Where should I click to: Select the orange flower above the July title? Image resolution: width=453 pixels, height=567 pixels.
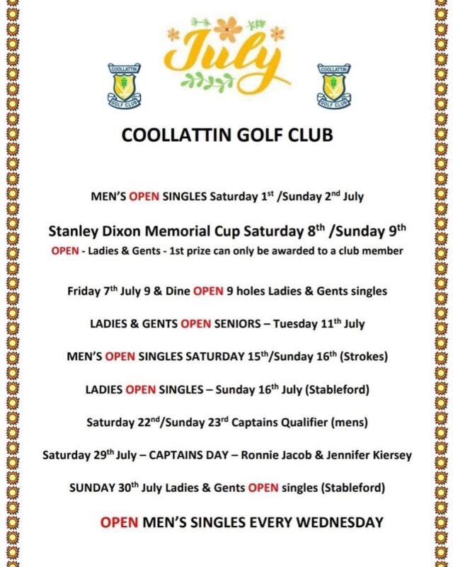click(228, 30)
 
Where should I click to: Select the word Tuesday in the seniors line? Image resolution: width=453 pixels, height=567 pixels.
click(290, 324)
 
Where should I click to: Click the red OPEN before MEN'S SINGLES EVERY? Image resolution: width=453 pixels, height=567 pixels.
click(120, 523)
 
